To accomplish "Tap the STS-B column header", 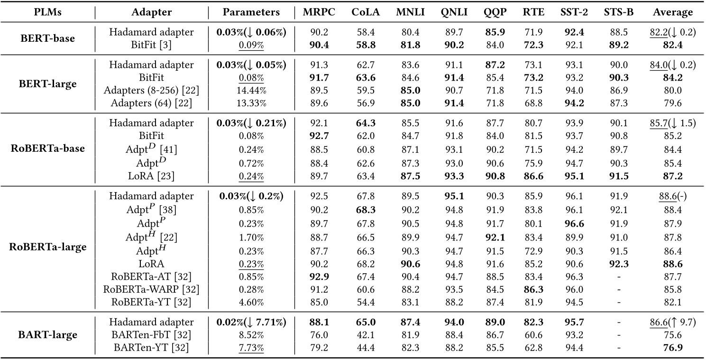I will [x=621, y=12].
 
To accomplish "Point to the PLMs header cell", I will [x=48, y=12].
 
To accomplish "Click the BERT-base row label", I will [x=48, y=38].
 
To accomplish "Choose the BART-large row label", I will [x=48, y=335].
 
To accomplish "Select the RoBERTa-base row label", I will [x=48, y=148].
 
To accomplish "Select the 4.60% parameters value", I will [x=251, y=302].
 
